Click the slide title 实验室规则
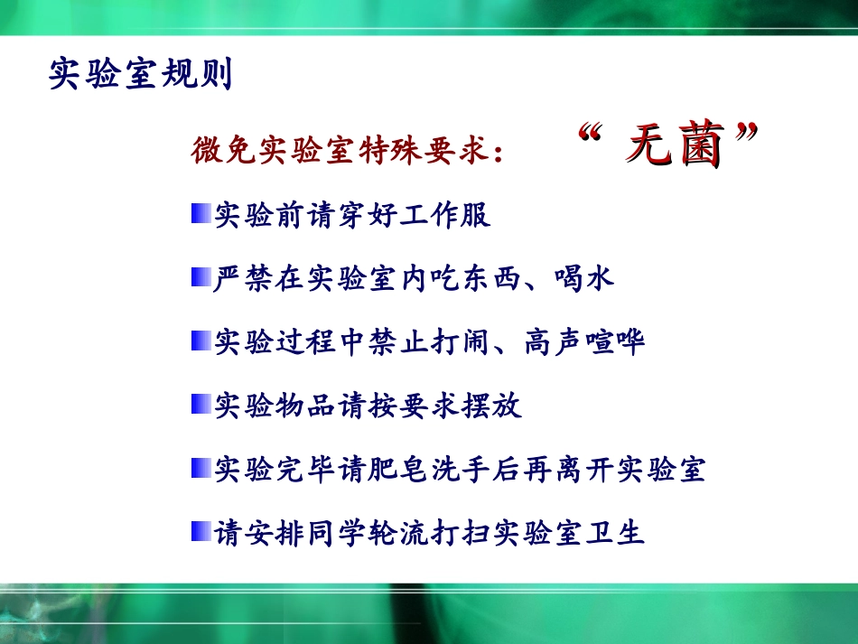pyautogui.click(x=141, y=73)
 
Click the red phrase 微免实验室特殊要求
pyautogui.click(x=340, y=150)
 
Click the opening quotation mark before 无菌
pyautogui.click(x=590, y=133)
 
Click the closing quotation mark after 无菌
pyautogui.click(x=746, y=133)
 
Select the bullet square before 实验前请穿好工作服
pyautogui.click(x=201, y=213)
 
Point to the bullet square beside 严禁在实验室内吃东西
pyautogui.click(x=201, y=277)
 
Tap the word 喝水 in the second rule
pyautogui.click(x=583, y=278)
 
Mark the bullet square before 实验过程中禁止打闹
pyautogui.click(x=201, y=341)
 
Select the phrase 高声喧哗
pyautogui.click(x=584, y=341)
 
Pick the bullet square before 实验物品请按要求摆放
pyautogui.click(x=201, y=404)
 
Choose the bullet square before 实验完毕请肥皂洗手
pyautogui.click(x=201, y=468)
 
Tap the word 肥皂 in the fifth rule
pyautogui.click(x=397, y=469)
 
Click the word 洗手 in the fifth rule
pyautogui.click(x=460, y=469)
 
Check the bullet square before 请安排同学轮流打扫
pyautogui.click(x=201, y=531)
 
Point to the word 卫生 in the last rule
pyautogui.click(x=615, y=533)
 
